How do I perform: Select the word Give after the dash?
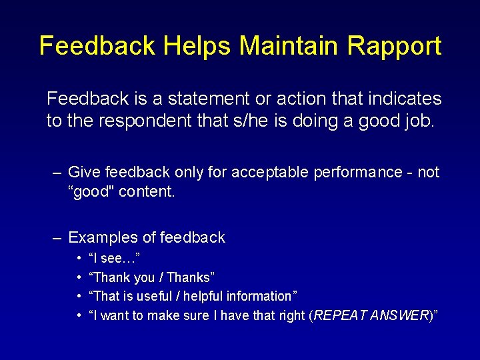click(85, 172)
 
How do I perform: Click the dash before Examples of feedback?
click(57, 237)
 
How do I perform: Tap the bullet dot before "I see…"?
click(79, 258)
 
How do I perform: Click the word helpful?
click(205, 296)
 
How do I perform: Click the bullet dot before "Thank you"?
click(79, 277)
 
